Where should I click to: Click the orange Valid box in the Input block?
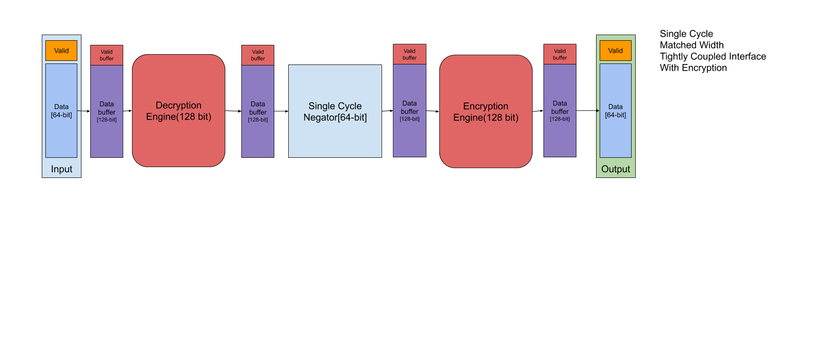[61, 51]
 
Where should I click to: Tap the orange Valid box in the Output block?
[615, 51]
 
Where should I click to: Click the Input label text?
[61, 169]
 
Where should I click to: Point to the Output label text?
[615, 169]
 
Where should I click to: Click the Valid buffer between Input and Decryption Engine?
[107, 55]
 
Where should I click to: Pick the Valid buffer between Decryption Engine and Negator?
[258, 55]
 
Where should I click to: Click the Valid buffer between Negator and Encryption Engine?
[409, 54]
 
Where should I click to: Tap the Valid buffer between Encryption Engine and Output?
[560, 54]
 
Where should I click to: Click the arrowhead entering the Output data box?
[598, 111]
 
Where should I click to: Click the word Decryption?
[178, 105]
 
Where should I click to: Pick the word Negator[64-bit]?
[335, 118]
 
